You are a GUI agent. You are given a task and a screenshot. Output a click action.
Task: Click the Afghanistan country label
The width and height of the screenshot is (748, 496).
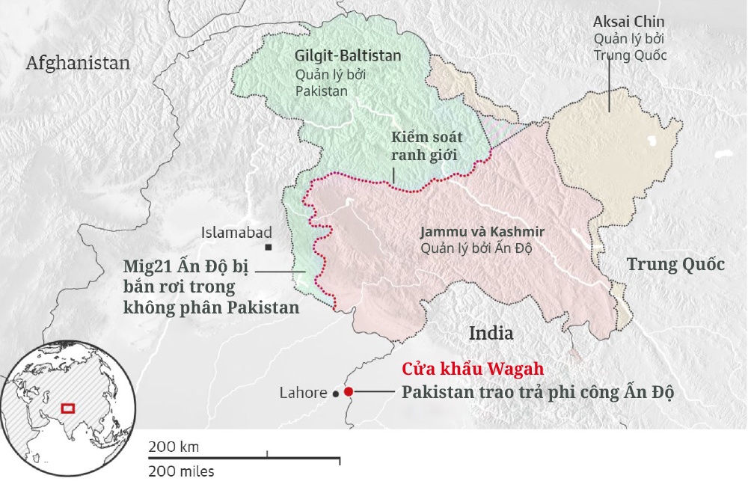78,63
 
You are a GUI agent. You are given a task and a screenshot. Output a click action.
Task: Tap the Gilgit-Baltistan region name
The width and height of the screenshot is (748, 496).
348,55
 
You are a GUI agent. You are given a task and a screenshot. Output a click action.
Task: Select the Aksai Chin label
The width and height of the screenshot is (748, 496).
628,22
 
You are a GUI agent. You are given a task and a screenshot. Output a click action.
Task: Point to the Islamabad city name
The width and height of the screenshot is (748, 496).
236,233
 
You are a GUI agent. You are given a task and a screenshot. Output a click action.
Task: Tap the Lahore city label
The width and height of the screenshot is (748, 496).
303,393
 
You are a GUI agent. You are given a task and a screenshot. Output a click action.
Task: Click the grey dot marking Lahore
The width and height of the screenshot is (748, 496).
336,392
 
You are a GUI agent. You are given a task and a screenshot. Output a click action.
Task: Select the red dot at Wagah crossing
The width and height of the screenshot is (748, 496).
349,391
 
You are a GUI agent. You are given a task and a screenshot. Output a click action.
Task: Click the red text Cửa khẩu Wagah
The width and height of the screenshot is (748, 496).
471,370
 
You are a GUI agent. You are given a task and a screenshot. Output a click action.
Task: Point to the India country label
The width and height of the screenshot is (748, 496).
491,333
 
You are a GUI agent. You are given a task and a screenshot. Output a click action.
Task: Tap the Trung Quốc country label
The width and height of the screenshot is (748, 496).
675,264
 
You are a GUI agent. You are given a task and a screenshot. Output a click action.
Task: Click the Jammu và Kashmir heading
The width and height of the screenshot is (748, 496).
482,231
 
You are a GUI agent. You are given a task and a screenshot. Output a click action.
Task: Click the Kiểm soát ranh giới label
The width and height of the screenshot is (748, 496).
427,146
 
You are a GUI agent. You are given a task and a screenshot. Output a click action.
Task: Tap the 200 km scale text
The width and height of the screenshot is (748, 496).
174,447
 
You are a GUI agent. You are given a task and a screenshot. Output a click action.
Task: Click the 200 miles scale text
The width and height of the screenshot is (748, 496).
181,471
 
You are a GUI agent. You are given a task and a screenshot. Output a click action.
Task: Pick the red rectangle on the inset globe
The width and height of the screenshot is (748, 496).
68,408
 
